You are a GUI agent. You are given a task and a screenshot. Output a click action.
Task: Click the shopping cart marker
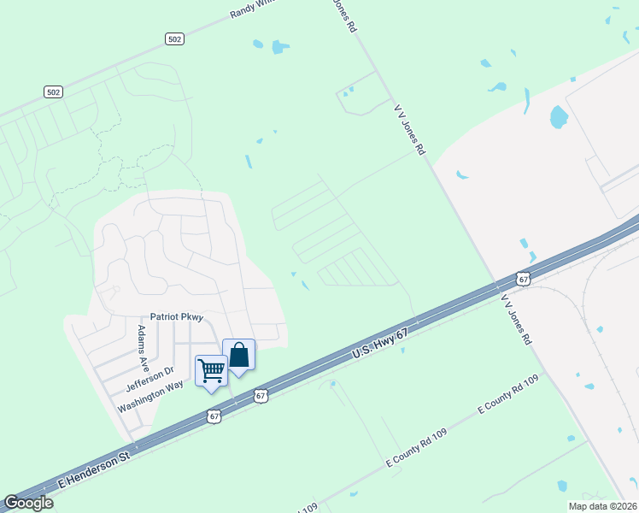(210, 371)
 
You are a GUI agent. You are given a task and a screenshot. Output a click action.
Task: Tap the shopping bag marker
(238, 356)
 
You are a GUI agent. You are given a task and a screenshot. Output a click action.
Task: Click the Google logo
(28, 503)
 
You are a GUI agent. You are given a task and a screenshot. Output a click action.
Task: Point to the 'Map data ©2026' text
(602, 506)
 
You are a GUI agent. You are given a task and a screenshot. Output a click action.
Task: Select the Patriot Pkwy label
(177, 317)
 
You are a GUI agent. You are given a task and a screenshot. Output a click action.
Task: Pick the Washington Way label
(150, 395)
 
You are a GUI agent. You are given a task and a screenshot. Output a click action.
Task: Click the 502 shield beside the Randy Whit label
(174, 38)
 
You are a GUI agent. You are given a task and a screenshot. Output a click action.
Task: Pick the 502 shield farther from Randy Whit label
(53, 91)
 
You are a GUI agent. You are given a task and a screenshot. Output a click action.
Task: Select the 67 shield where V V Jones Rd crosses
(524, 279)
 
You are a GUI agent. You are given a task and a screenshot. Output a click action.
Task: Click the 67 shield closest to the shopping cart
(214, 416)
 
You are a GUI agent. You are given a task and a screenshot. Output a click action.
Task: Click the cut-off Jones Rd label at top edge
(343, 15)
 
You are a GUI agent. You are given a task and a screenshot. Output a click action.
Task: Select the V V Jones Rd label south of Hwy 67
(517, 320)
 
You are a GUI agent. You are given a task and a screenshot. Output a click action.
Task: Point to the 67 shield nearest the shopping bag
(261, 396)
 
